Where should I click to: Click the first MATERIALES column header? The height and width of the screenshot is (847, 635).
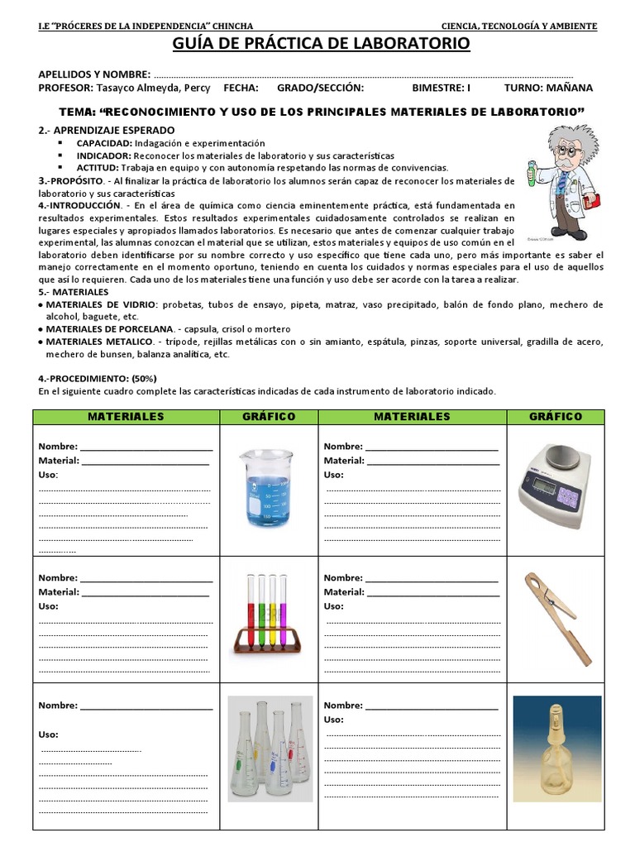(126, 417)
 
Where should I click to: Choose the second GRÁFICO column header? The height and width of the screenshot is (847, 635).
(555, 417)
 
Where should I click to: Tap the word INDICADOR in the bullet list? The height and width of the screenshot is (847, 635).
(103, 156)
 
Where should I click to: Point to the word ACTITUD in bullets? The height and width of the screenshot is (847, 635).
(98, 167)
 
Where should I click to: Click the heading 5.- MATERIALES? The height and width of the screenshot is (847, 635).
(73, 292)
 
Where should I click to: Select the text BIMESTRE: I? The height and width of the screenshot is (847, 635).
(441, 88)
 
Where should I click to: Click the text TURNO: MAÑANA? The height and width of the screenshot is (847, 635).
(547, 88)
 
